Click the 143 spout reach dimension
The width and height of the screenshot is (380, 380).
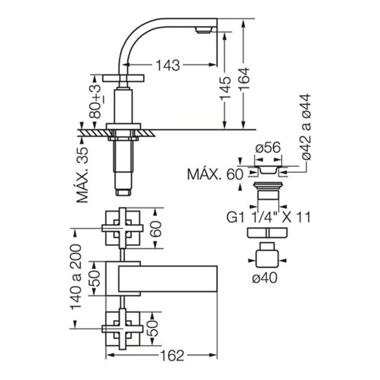click(168, 65)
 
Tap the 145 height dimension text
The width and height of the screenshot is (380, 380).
click(225, 88)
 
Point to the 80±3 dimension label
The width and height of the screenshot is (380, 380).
click(95, 101)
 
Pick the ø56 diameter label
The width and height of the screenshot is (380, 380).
click(268, 147)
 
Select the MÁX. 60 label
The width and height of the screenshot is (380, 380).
click(215, 174)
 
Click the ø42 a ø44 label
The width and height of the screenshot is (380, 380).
click(306, 127)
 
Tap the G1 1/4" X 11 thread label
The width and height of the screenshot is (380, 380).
click(269, 217)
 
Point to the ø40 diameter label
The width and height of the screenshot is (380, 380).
click(264, 278)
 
